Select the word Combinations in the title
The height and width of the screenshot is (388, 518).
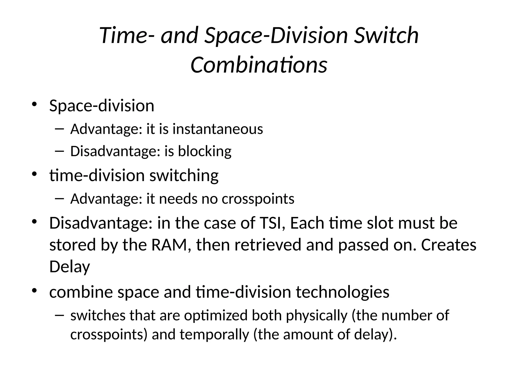[x=259, y=65]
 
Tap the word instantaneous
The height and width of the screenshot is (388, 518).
[x=218, y=129]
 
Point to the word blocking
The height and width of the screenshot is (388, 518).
[x=205, y=151]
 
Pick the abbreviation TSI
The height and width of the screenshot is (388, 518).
[x=271, y=223]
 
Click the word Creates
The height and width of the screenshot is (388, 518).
[x=448, y=245]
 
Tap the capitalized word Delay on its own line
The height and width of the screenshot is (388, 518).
[x=70, y=267]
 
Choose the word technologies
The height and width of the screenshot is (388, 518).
[x=342, y=292]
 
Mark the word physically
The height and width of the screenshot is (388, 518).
[x=317, y=316]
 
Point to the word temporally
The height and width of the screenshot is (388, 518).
[x=214, y=334]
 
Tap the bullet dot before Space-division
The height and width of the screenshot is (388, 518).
[x=34, y=104]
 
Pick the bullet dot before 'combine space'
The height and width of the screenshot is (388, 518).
[x=34, y=290]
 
